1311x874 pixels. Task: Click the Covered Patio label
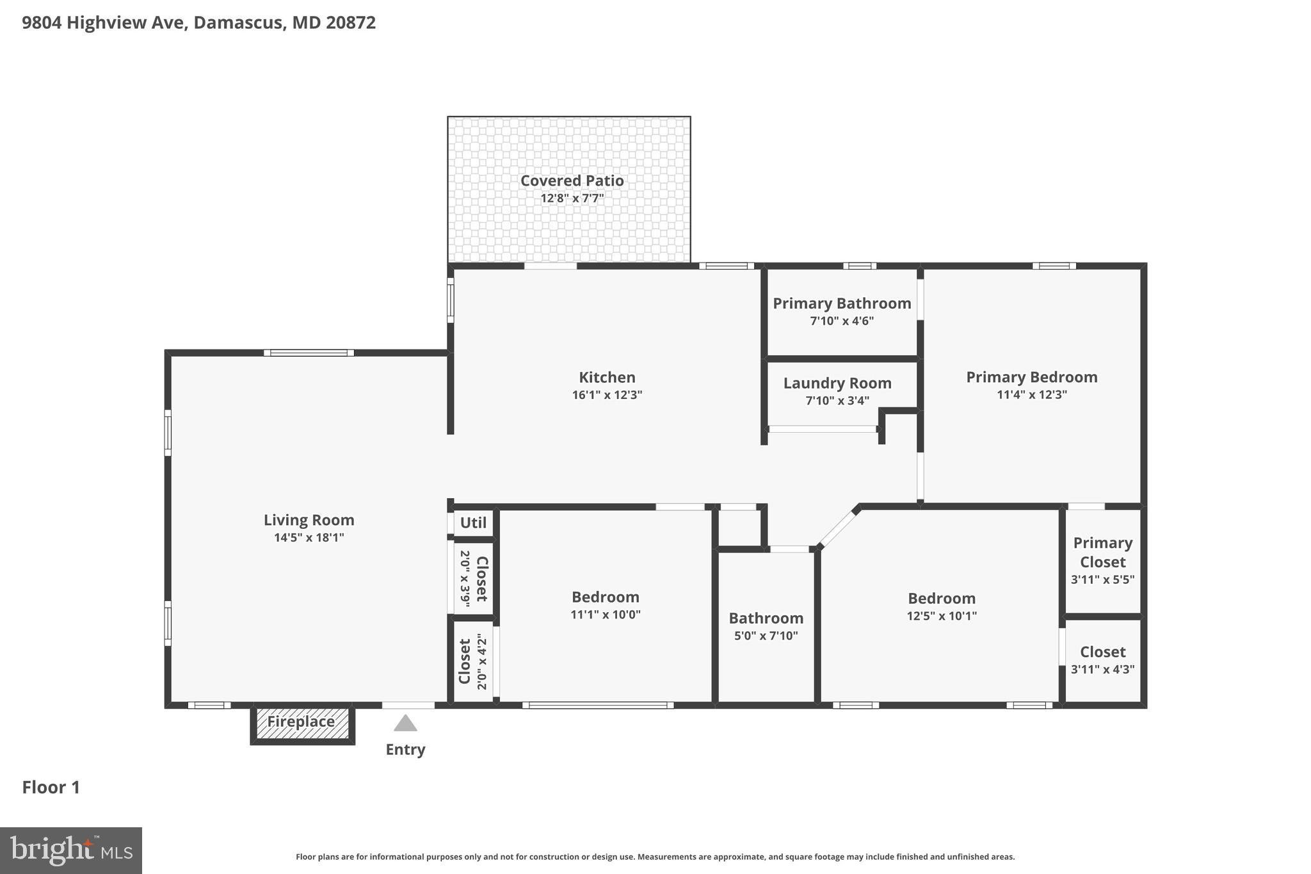(572, 181)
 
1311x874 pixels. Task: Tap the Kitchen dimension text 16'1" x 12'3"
(607, 395)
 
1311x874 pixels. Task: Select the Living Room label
(309, 520)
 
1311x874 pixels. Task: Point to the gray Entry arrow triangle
(405, 724)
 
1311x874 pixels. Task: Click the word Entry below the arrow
(405, 750)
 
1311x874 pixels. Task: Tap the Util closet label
(473, 522)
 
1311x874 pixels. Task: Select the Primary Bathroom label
(842, 303)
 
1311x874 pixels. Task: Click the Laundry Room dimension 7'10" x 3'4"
(837, 401)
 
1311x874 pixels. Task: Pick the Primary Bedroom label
(1031, 377)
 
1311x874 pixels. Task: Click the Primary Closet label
(1102, 552)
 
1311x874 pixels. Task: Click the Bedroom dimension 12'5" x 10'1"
(942, 616)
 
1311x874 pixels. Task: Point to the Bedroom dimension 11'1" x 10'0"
(605, 615)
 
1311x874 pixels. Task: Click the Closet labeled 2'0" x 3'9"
(474, 579)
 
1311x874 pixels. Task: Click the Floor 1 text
(51, 788)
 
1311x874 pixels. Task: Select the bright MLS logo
(71, 850)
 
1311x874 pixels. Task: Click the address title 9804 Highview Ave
(198, 23)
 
